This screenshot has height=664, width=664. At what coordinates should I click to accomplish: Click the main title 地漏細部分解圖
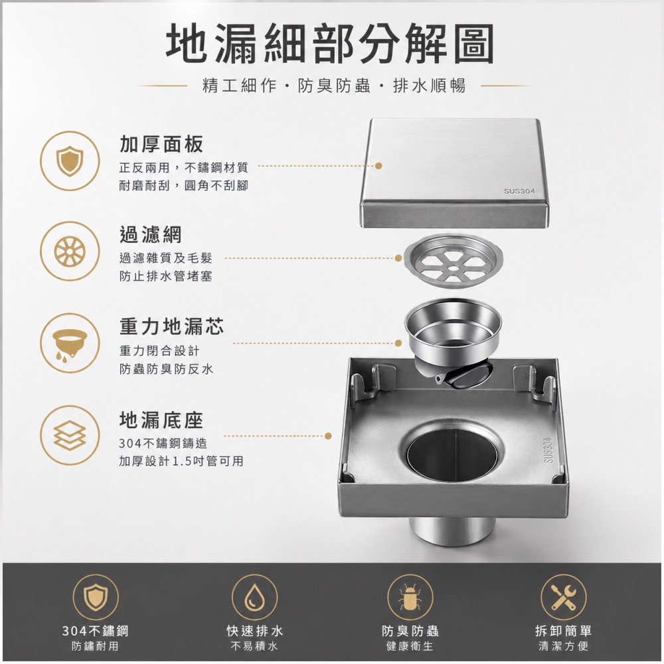pyautogui.click(x=330, y=44)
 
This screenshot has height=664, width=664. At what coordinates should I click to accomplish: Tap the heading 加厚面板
pyautogui.click(x=161, y=144)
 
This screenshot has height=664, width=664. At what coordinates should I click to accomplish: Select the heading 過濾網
pyautogui.click(x=150, y=234)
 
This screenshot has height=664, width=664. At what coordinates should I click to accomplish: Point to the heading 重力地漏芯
pyautogui.click(x=171, y=326)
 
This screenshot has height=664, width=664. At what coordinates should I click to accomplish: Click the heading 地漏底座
pyautogui.click(x=161, y=420)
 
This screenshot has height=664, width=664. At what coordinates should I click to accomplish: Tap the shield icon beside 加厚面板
pyautogui.click(x=70, y=161)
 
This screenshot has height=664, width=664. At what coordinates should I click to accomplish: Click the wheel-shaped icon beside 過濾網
pyautogui.click(x=70, y=252)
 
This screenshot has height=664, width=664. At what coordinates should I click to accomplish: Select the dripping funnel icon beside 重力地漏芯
pyautogui.click(x=70, y=343)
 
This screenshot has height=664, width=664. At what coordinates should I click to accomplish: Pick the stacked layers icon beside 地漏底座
pyautogui.click(x=70, y=435)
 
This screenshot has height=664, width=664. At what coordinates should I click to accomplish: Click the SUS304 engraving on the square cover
pyautogui.click(x=519, y=191)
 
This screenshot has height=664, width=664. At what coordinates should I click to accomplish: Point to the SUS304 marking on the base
pyautogui.click(x=548, y=451)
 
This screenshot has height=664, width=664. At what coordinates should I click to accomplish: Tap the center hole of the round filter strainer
pyautogui.click(x=454, y=268)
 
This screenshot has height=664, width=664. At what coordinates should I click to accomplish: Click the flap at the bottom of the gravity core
pyautogui.click(x=471, y=376)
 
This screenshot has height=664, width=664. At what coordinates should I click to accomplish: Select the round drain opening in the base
pyautogui.click(x=452, y=453)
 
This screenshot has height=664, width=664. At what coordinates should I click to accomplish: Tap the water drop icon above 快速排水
pyautogui.click(x=254, y=597)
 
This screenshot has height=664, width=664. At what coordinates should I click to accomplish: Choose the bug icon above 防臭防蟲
pyautogui.click(x=410, y=597)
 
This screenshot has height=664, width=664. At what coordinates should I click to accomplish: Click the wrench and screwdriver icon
pyautogui.click(x=564, y=597)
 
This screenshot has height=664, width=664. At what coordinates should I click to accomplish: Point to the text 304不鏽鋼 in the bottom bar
pyautogui.click(x=95, y=631)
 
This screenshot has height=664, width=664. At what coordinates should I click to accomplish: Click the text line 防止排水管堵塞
pyautogui.click(x=165, y=276)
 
